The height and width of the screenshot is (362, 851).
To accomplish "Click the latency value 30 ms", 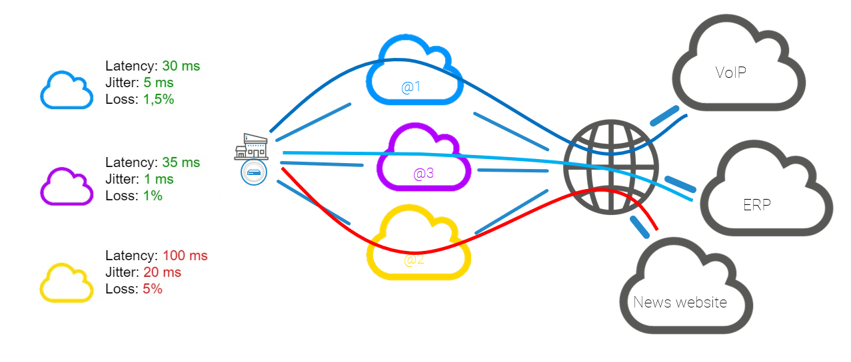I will (181, 67).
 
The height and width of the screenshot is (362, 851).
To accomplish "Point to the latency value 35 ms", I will (181, 163).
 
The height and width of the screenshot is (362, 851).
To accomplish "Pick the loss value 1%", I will (153, 196).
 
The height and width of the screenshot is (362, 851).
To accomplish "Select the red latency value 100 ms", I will (185, 256).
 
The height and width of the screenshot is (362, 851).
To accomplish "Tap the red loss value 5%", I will (153, 289).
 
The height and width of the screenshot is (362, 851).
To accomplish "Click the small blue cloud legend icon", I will (66, 90).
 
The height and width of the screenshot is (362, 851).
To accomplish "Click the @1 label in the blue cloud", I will (411, 87).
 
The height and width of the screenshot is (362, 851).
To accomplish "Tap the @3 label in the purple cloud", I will (423, 174).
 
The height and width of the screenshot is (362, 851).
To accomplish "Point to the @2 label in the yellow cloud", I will (414, 260).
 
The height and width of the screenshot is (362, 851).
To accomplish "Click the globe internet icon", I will (610, 167).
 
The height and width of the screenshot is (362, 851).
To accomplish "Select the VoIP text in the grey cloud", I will (730, 73).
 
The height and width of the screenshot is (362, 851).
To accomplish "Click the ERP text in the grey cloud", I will (757, 204).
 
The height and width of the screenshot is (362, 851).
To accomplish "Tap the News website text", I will (680, 303).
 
